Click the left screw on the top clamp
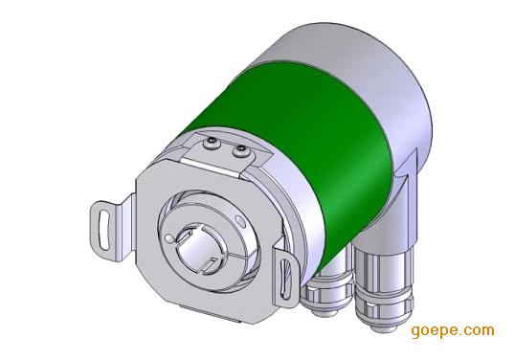(x=211, y=143)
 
